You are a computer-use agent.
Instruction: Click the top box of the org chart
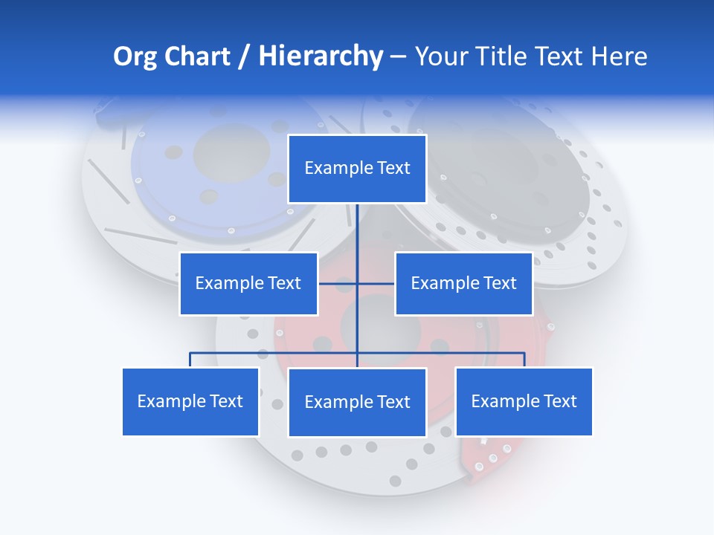point(357,169)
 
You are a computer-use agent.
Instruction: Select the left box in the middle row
point(248,283)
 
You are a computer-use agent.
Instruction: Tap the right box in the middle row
point(463,283)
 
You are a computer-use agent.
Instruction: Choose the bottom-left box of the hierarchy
point(190,401)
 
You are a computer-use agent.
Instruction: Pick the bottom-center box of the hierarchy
point(357,402)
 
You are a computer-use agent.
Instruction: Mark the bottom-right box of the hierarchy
point(524,401)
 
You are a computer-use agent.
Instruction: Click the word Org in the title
point(135,56)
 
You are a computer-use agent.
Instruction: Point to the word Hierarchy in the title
point(321,56)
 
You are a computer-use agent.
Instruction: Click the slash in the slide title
point(244,57)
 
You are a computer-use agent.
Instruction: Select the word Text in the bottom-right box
point(559,401)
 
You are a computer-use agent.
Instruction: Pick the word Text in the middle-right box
point(499,283)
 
